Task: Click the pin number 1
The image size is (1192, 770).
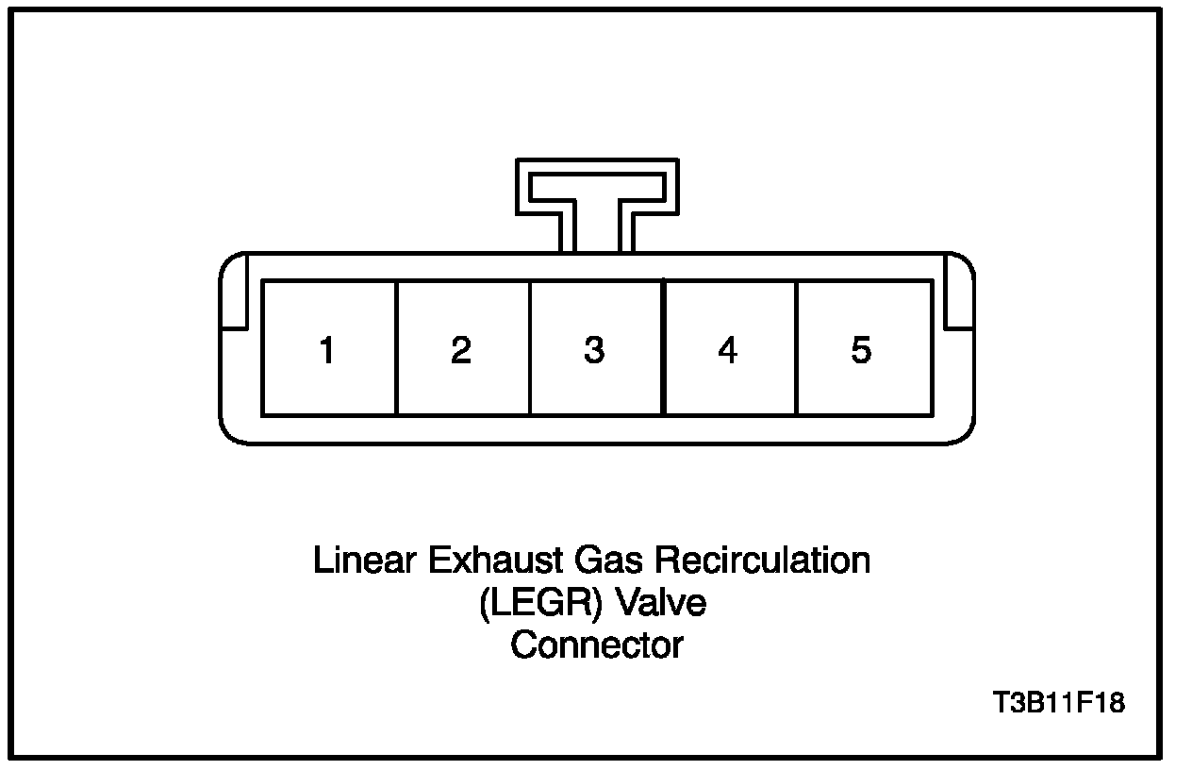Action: (x=327, y=351)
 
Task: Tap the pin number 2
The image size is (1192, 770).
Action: (x=461, y=351)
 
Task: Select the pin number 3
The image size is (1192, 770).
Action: (x=594, y=351)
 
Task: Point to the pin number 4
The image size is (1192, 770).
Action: (x=727, y=351)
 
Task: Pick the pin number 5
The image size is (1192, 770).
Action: (x=861, y=351)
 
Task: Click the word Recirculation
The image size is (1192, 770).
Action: (x=763, y=561)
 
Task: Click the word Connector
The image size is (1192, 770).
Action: (x=597, y=645)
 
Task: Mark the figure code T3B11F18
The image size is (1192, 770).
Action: (x=1059, y=703)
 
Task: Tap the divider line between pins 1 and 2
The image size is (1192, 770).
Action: (x=396, y=347)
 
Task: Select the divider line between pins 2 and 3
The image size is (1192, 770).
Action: (x=529, y=347)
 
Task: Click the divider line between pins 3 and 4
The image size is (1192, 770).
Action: (x=663, y=347)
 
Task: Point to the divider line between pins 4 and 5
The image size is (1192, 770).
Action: (x=797, y=347)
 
